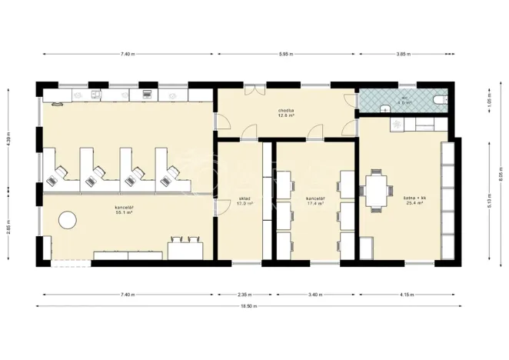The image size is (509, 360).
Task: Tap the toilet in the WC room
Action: point(439,100)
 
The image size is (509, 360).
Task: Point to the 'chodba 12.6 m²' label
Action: point(288,113)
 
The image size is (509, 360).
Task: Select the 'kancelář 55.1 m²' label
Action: point(125,209)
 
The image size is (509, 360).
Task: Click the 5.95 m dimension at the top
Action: point(286,54)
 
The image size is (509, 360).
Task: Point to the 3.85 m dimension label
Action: point(400,54)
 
